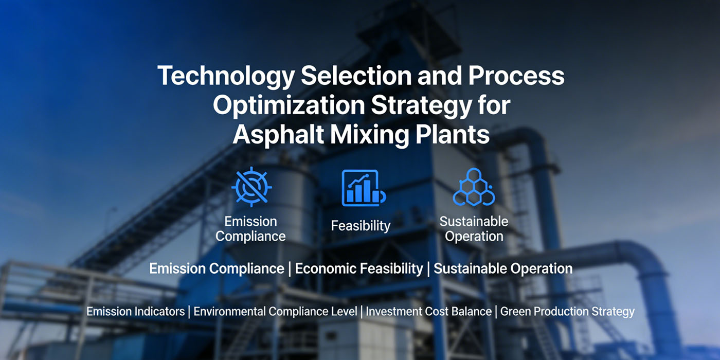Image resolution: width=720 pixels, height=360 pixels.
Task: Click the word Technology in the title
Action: (226, 76)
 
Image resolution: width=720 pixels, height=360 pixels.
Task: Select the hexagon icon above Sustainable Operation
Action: (473, 187)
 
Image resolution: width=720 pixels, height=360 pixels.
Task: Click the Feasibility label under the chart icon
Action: (361, 225)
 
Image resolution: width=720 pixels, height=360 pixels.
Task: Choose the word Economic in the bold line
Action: (326, 268)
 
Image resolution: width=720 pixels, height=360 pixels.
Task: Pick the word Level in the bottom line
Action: (345, 312)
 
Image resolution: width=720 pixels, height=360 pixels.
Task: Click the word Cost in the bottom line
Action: (438, 312)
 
